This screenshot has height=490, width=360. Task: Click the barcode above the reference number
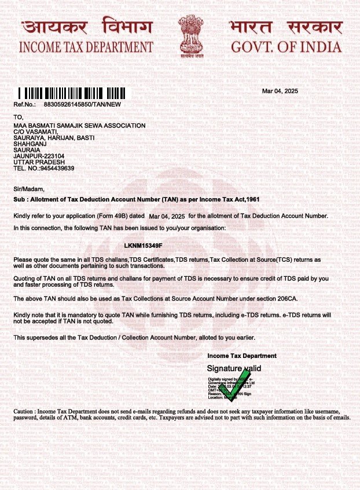point(74,93)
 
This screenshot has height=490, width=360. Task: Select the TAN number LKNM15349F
point(144,247)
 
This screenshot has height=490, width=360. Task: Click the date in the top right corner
point(280,92)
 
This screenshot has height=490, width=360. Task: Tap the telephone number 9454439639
point(55,168)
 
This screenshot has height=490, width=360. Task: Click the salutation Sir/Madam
point(28,189)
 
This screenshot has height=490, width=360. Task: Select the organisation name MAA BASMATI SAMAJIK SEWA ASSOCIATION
point(79,126)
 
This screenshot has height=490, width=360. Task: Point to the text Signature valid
point(234,368)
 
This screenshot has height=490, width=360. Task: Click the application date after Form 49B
point(167,216)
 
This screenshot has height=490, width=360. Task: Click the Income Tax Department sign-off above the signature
point(241,356)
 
